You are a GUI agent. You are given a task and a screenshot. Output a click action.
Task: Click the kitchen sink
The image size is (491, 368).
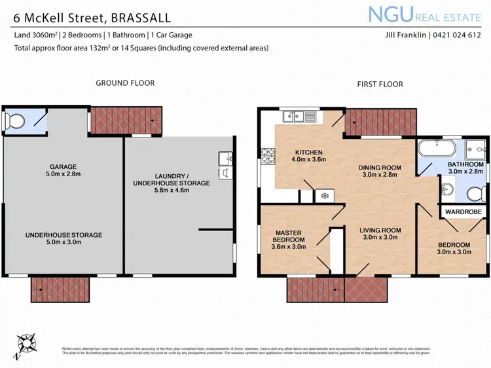coord(300,117)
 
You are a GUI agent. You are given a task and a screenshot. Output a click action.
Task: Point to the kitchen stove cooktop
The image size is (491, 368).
coord(268,156)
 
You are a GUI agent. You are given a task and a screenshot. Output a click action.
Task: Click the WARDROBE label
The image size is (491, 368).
coord(464,212)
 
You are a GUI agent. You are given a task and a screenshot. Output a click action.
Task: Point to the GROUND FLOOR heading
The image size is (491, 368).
coord(125,83)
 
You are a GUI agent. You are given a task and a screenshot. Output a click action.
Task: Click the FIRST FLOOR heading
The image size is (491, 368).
coord(380,84)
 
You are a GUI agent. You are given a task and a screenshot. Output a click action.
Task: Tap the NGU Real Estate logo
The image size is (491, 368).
coord(426,14)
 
